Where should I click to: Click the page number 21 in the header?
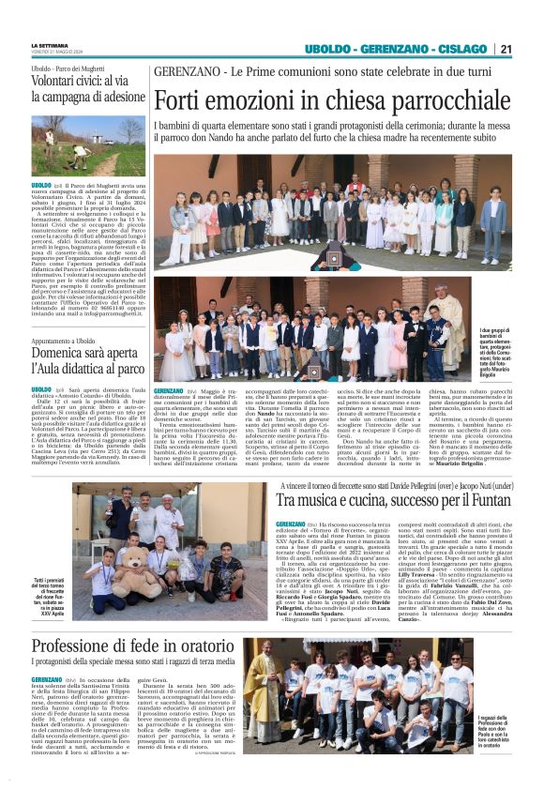click(505, 49)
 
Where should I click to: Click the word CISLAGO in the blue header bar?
click(461, 49)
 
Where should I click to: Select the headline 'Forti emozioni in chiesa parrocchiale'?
click(332, 99)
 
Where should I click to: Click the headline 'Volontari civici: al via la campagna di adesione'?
click(88, 88)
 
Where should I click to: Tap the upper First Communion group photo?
click(332, 211)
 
